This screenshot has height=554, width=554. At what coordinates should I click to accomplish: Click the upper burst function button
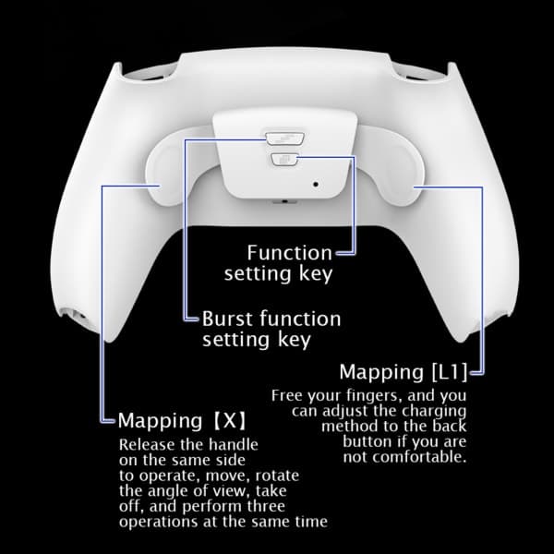point(284,138)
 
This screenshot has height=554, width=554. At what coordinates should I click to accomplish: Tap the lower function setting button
point(284,160)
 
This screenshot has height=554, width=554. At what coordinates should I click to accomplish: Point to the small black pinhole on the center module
point(316,184)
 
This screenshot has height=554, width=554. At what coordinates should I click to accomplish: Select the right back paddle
point(389,166)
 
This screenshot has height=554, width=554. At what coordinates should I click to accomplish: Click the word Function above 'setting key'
point(290,253)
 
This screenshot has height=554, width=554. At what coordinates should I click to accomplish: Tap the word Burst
point(228,319)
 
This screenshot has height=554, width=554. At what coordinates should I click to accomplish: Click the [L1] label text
point(450,372)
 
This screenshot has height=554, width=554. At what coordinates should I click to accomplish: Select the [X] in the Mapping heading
point(230,420)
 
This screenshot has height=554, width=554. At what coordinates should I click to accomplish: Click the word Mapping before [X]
point(160,422)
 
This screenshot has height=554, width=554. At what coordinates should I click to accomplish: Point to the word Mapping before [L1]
point(381,373)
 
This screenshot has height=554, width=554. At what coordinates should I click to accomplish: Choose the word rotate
point(277,476)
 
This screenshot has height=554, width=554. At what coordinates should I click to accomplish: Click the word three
point(266,506)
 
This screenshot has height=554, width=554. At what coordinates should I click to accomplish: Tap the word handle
point(234,444)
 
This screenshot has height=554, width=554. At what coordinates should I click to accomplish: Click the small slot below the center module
point(284,201)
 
